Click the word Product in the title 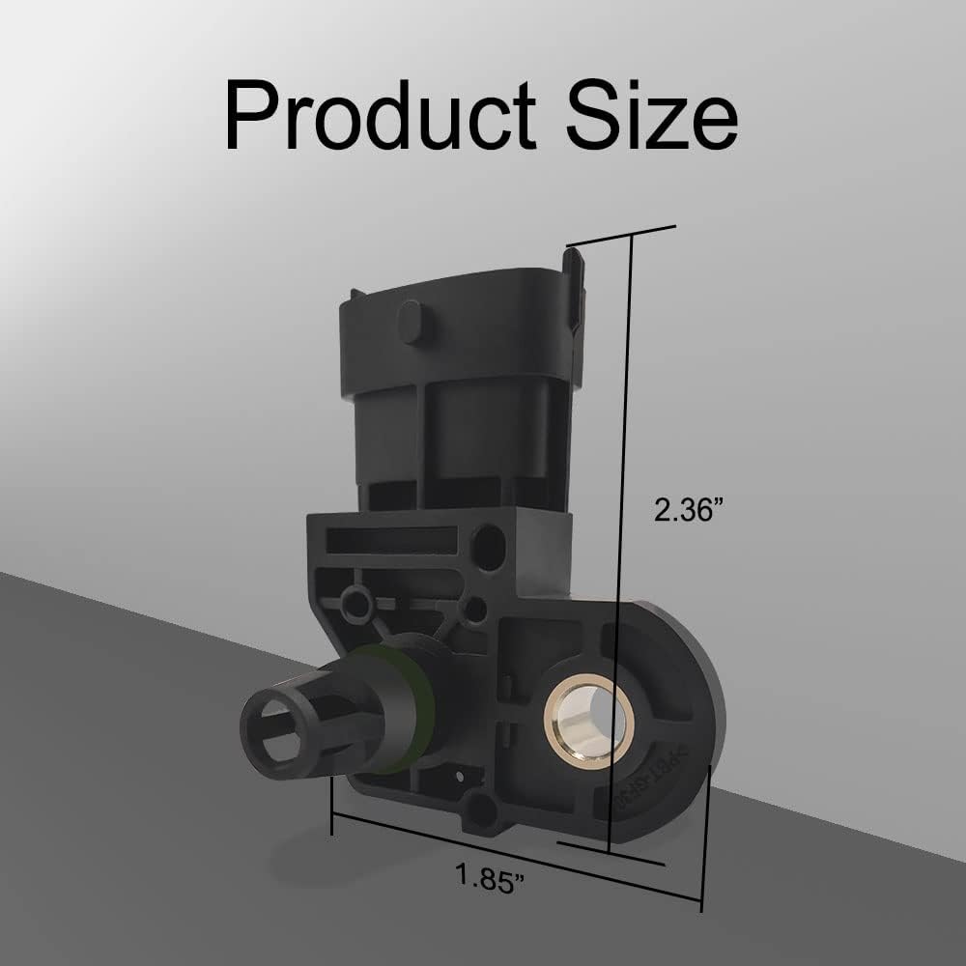pos(380,115)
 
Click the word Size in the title pos(652,115)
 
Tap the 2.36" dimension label pos(688,510)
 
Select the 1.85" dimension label pos(490,877)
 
